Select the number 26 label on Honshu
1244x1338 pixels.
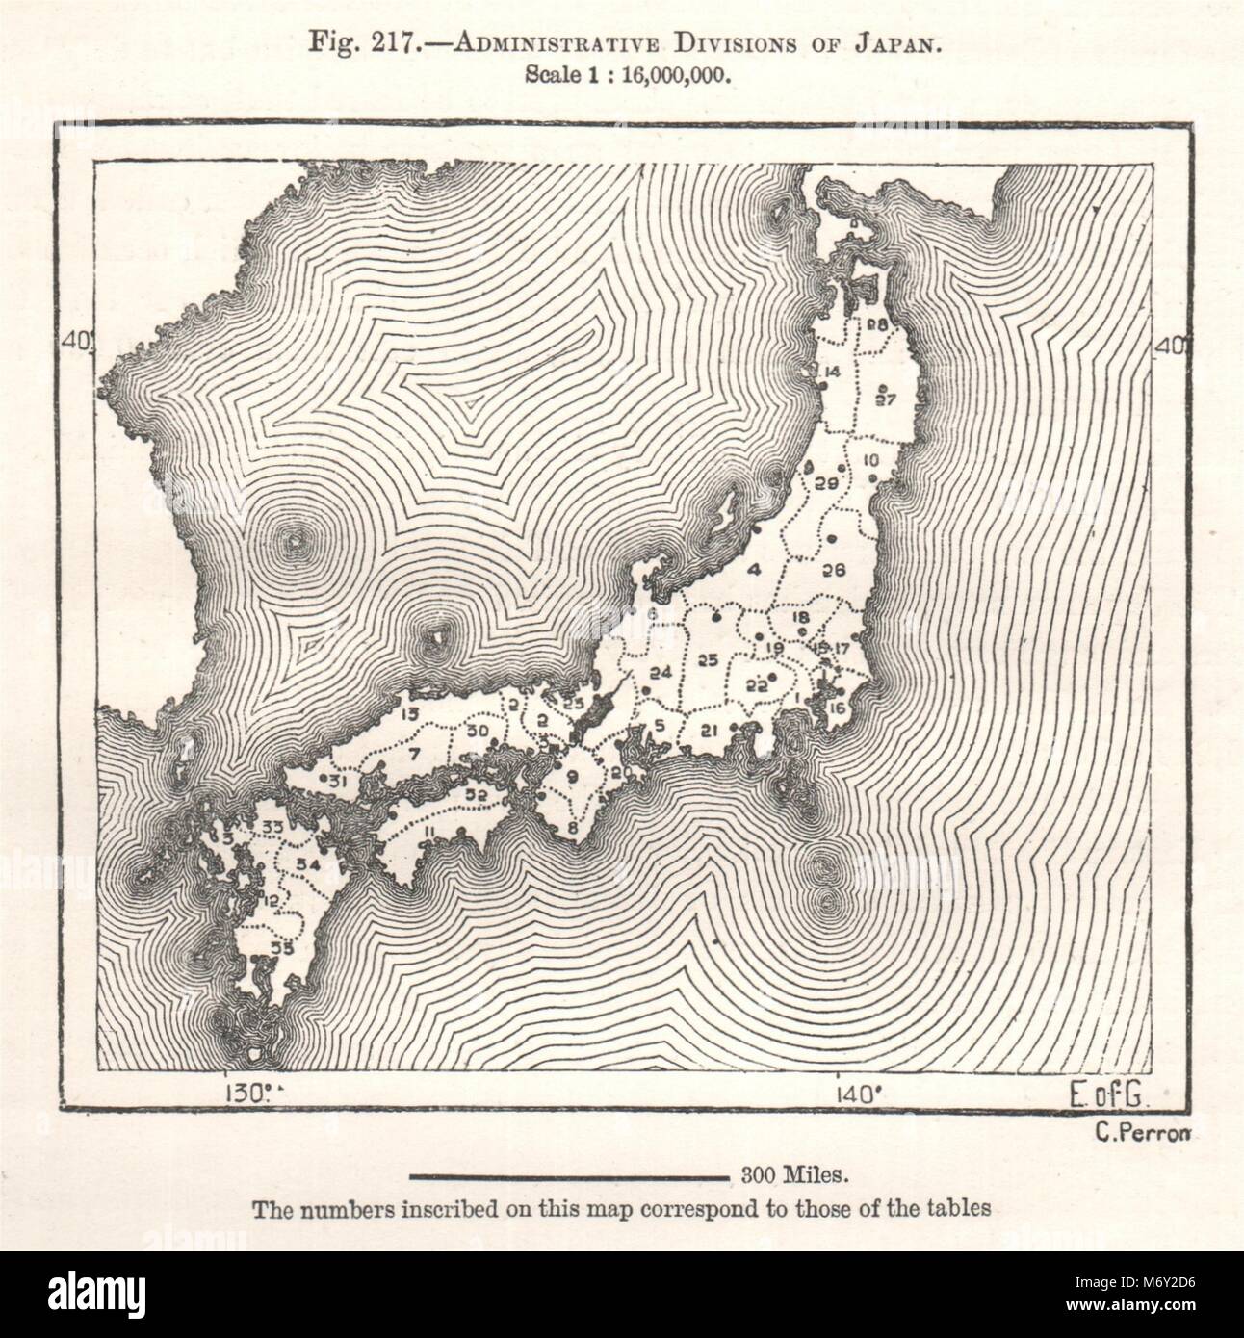pyautogui.click(x=834, y=569)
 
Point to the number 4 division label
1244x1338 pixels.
pyautogui.click(x=755, y=569)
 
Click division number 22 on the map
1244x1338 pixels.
pyautogui.click(x=757, y=686)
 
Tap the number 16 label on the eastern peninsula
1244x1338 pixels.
pyautogui.click(x=836, y=709)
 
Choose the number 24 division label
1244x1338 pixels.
pyautogui.click(x=661, y=673)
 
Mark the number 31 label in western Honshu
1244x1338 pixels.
pyautogui.click(x=337, y=781)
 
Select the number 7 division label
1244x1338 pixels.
pyautogui.click(x=414, y=754)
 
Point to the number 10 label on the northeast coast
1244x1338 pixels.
pyautogui.click(x=872, y=458)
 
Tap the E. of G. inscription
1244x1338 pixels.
pyautogui.click(x=1113, y=1094)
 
